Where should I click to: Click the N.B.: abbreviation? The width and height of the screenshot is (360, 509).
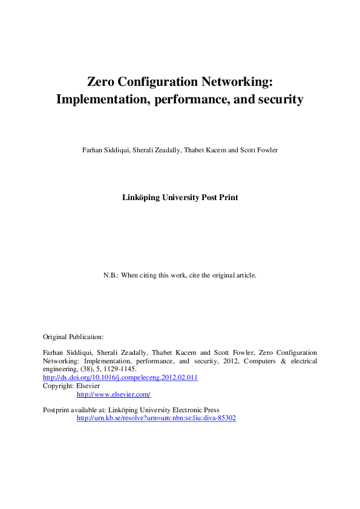111,275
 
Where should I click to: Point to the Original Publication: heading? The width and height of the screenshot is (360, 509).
73,336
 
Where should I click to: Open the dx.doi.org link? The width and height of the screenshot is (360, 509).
120,377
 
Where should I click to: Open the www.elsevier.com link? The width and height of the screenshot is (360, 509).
113,394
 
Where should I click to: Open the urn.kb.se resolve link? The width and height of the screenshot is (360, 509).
155,418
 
